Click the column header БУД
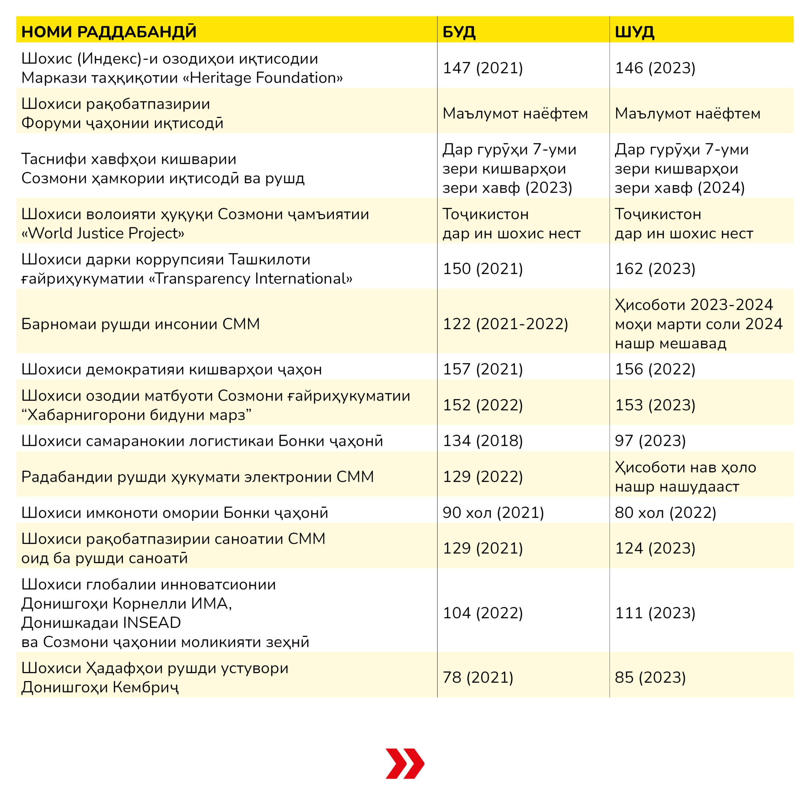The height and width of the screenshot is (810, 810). pos(459,32)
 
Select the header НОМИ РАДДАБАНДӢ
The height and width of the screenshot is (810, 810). pos(109,32)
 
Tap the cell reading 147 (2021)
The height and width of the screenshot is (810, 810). pos(483,68)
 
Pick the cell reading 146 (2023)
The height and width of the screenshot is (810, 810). pos(655,68)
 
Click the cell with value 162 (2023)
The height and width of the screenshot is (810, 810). pos(655,269)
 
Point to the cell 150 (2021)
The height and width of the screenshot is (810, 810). pos(483,269)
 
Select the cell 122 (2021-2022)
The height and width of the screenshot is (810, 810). pos(505,324)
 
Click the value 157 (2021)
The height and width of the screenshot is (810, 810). pos(483,369)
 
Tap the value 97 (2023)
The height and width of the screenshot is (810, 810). pos(650,441)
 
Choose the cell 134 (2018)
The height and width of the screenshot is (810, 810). pos(483,441)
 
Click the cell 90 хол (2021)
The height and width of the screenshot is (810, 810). pos(493,513)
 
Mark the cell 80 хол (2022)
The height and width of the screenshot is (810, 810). pos(665,513)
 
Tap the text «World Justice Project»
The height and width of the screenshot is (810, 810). pos(103,234)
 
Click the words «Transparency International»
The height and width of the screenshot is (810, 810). pos(251,279)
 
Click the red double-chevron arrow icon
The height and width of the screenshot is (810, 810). pos(405,763)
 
